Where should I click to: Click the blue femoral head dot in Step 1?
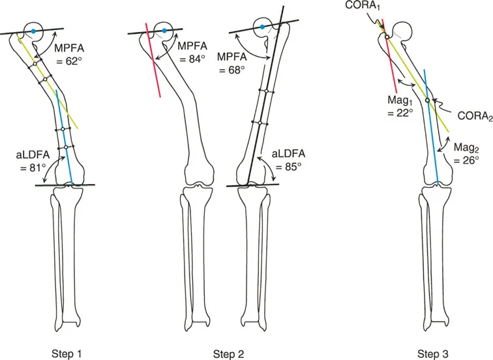31,31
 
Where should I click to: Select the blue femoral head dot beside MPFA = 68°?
261,27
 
